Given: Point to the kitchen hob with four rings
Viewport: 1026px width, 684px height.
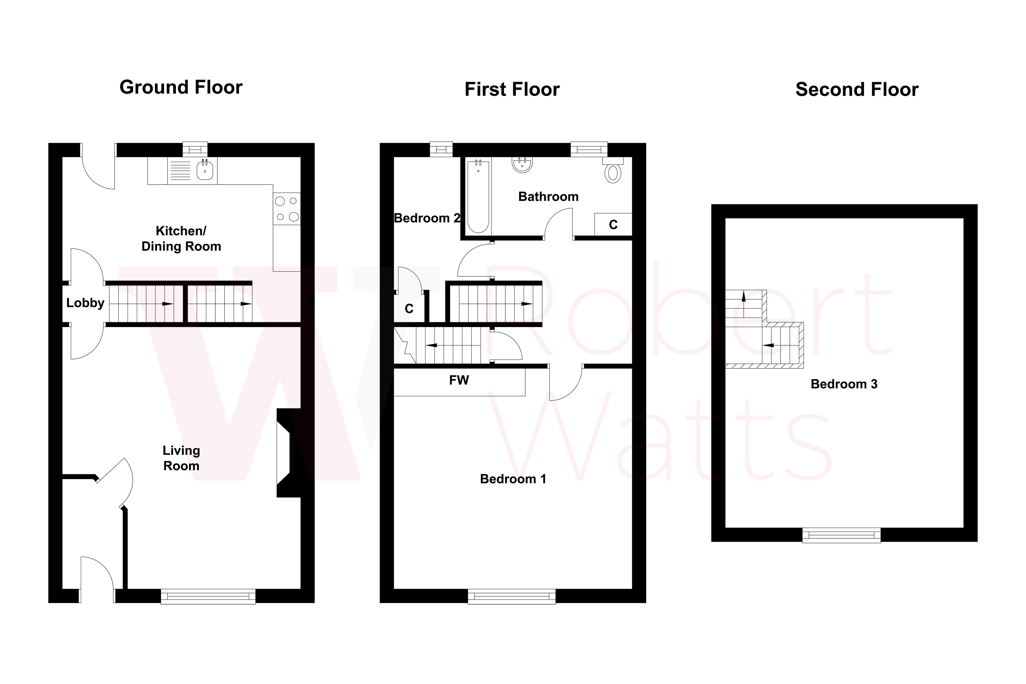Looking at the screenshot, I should (x=287, y=209).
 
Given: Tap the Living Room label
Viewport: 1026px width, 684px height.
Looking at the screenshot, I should (x=181, y=458).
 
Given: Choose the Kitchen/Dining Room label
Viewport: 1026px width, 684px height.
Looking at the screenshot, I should (x=181, y=239).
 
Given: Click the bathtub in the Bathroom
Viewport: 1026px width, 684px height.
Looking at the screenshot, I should (x=478, y=196).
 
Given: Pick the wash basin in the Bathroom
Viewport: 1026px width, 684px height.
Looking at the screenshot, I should (x=522, y=165).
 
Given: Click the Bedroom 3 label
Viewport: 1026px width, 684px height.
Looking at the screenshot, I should (x=844, y=384).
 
